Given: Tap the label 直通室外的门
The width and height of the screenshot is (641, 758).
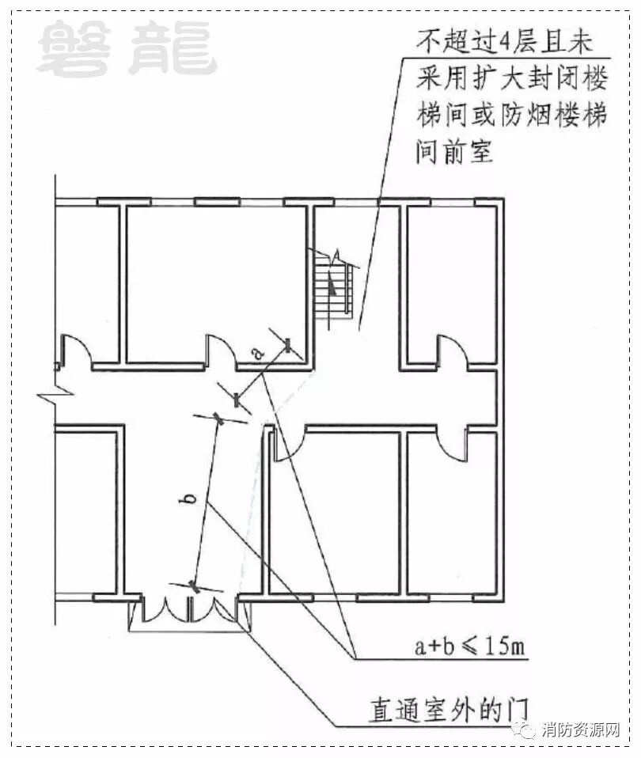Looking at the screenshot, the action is [447, 707].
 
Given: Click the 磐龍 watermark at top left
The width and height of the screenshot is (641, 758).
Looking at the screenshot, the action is [126, 49].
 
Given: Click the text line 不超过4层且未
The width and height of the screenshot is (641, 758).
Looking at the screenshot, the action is [507, 40].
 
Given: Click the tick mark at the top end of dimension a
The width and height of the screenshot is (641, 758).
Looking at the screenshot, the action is [287, 345].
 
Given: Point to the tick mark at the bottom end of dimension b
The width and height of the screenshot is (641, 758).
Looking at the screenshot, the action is [194, 586].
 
